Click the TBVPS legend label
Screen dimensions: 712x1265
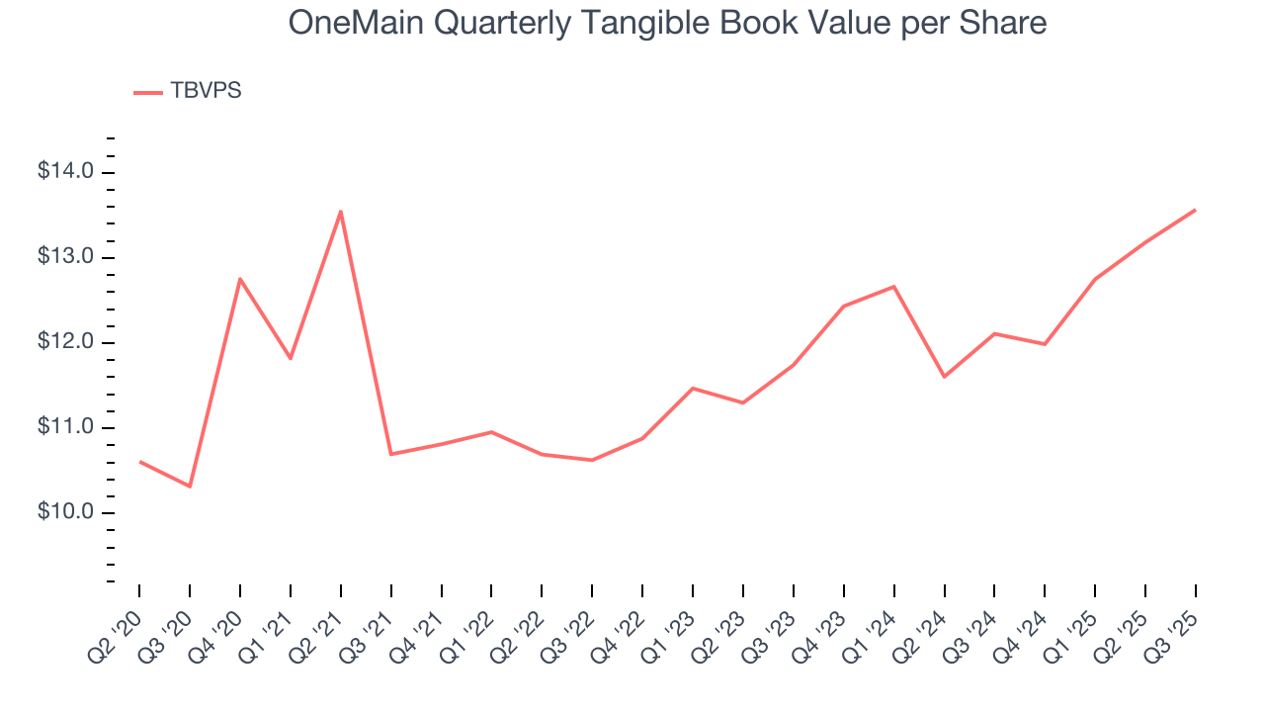click(x=206, y=91)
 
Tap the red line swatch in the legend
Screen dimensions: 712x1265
click(x=148, y=92)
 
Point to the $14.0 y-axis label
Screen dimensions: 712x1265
click(x=65, y=172)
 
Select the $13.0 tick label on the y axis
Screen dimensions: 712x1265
click(x=65, y=257)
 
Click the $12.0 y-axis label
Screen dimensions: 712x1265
click(x=65, y=342)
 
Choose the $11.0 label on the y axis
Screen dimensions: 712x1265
click(x=65, y=427)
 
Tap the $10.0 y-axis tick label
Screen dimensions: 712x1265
click(x=65, y=512)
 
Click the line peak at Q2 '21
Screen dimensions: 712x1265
click(x=341, y=212)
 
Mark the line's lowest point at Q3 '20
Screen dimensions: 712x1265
click(x=190, y=487)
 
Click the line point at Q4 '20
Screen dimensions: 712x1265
click(x=240, y=279)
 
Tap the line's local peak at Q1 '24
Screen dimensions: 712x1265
click(x=894, y=287)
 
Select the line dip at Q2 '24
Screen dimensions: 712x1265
click(x=945, y=377)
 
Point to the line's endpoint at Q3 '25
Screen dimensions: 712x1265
click(x=1195, y=210)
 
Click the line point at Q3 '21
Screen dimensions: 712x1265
click(x=391, y=454)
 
